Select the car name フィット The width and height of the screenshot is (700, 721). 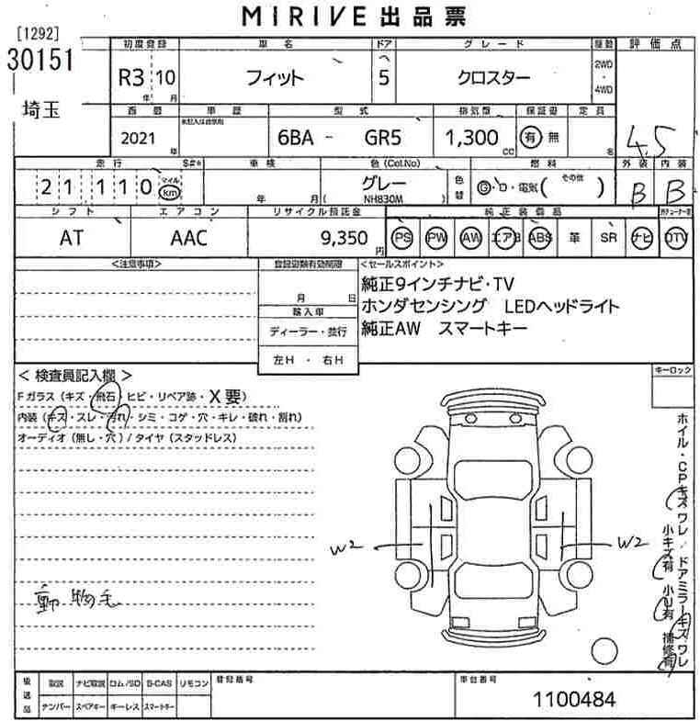coord(275,77)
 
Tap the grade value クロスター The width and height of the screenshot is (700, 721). coord(493,77)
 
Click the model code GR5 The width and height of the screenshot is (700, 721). coord(384,138)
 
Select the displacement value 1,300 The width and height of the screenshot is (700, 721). coord(467,138)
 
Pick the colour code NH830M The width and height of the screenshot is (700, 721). coord(384,196)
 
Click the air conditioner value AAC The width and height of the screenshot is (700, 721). coord(189,238)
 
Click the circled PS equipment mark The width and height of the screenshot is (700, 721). coord(401,237)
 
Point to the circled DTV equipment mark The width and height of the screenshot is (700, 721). coord(675,237)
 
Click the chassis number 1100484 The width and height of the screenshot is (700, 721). coord(575,699)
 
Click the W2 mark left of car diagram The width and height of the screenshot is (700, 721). coord(348,549)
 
